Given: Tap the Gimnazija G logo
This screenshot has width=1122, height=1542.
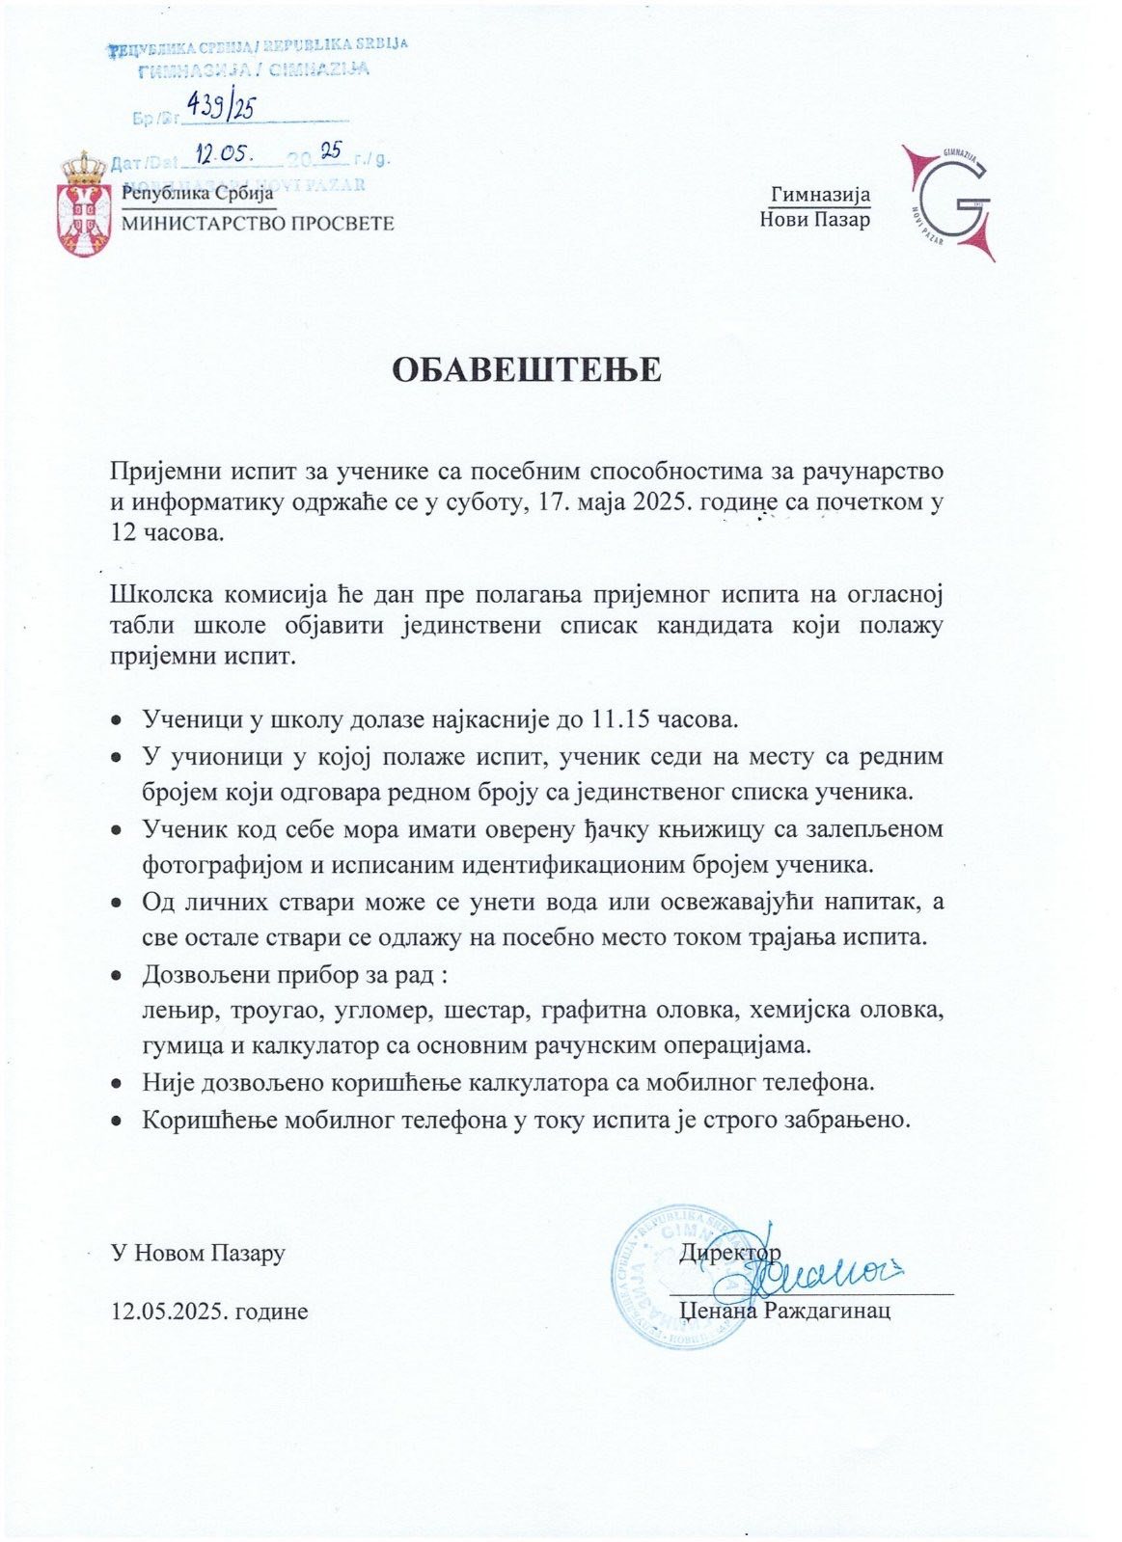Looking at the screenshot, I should tap(947, 203).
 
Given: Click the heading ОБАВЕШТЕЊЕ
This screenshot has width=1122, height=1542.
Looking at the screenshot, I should tap(526, 369).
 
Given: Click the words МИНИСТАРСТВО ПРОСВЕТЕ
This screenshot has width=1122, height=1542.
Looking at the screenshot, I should tap(258, 224).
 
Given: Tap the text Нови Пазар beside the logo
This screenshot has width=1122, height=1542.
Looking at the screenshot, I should tap(814, 220).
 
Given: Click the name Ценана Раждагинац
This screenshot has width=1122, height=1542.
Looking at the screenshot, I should tap(784, 1312).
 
